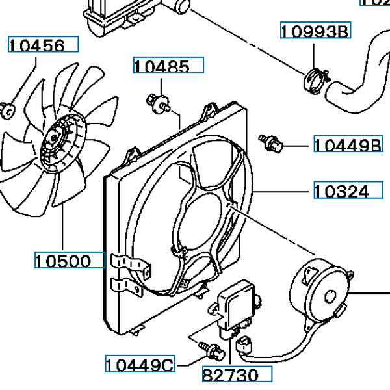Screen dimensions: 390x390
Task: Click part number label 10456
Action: pyautogui.click(x=42, y=45)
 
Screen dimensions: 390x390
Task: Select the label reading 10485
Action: pyautogui.click(x=168, y=66)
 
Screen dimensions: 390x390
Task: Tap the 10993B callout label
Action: pyautogui.click(x=315, y=31)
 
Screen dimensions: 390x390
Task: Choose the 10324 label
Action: pyautogui.click(x=349, y=191)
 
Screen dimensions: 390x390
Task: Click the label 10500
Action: pyautogui.click(x=70, y=261)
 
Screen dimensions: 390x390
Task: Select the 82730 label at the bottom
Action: pyautogui.click(x=235, y=375)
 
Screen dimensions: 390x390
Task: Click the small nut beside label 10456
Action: pyautogui.click(x=8, y=110)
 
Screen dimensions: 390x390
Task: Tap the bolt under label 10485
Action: pyautogui.click(x=157, y=101)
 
